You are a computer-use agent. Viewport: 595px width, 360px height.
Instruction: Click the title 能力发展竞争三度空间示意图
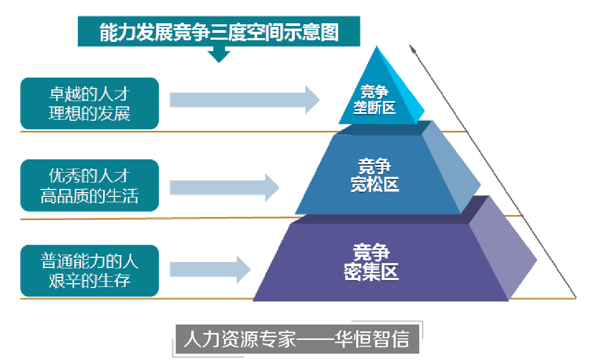tap(219, 32)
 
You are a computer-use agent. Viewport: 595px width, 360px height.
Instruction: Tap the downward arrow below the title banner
tap(219, 54)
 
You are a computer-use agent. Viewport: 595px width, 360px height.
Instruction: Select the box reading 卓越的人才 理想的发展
tap(89, 104)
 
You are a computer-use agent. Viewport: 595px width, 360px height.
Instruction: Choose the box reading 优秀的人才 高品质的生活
tap(89, 185)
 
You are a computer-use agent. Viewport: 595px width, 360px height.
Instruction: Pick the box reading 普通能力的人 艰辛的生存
tap(89, 271)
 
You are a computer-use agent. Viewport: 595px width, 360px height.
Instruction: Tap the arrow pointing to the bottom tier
tap(210, 269)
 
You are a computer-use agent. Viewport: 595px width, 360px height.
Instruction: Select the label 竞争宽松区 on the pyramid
tap(375, 175)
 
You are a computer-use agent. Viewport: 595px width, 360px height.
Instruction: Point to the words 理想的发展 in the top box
tap(89, 113)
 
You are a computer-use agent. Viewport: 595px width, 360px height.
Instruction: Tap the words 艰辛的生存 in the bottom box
tap(89, 280)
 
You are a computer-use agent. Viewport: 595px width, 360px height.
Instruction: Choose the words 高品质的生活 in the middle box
tap(89, 196)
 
